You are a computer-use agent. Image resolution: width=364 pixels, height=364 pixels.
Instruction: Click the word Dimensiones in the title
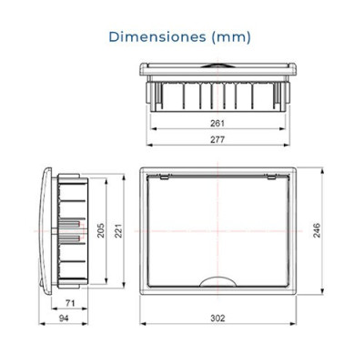157,37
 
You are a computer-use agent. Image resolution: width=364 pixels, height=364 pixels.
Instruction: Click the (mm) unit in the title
231,37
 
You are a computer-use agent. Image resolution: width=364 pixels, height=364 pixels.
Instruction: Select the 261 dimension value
217,124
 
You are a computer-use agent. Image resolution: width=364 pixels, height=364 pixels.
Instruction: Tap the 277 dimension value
217,139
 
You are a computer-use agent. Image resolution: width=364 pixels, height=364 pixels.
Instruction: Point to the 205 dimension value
100,230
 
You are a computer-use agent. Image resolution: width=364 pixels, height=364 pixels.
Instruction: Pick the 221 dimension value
117,230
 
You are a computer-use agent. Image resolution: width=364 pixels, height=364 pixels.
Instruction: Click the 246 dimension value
317,230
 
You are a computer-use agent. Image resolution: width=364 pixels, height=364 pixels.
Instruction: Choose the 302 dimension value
217,318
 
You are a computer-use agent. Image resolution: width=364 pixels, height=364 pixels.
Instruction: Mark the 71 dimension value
70,303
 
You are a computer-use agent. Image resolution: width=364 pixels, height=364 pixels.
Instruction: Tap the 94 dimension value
64,318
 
